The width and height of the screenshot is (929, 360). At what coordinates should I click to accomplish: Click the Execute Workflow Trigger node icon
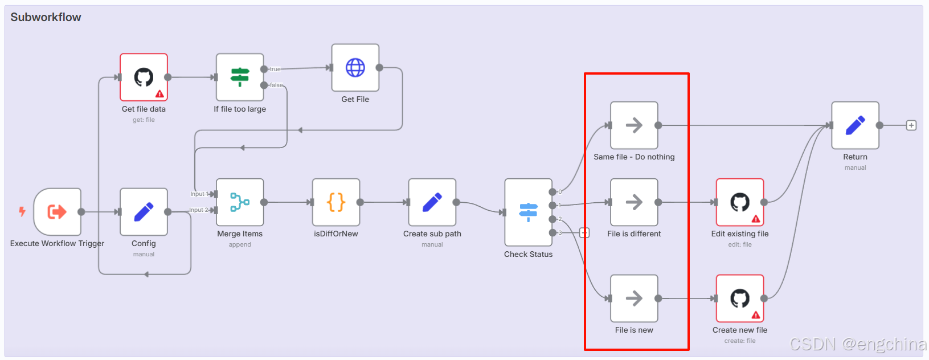[57, 212]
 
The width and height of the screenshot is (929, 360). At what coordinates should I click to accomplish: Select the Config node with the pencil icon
[144, 212]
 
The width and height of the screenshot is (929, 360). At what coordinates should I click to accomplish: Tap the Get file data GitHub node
[144, 77]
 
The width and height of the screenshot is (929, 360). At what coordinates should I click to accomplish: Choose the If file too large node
[240, 77]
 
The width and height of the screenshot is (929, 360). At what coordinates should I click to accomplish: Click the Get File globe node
[355, 68]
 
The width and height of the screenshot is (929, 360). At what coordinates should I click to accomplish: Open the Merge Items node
[240, 202]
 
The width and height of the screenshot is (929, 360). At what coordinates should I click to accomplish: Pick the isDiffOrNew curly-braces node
[336, 202]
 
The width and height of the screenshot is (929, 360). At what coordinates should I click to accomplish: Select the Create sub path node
[432, 202]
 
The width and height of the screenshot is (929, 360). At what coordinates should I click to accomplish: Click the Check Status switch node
[528, 212]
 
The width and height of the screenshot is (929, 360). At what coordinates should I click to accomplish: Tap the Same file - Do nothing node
[634, 125]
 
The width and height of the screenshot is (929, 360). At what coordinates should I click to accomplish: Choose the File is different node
[634, 202]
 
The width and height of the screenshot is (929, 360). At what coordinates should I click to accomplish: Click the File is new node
[634, 298]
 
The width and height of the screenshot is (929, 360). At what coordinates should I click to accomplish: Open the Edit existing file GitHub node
[740, 202]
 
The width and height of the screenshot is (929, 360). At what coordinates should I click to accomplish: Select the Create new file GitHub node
[740, 298]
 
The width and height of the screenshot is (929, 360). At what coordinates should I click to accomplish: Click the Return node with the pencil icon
[855, 125]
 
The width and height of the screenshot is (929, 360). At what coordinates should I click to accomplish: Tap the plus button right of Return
[911, 125]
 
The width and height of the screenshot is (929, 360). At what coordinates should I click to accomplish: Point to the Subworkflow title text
[46, 17]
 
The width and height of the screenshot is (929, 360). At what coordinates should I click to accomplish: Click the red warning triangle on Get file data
[159, 94]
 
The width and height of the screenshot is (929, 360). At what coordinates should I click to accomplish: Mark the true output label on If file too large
[275, 69]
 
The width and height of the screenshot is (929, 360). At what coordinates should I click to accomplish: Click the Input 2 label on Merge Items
[198, 210]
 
